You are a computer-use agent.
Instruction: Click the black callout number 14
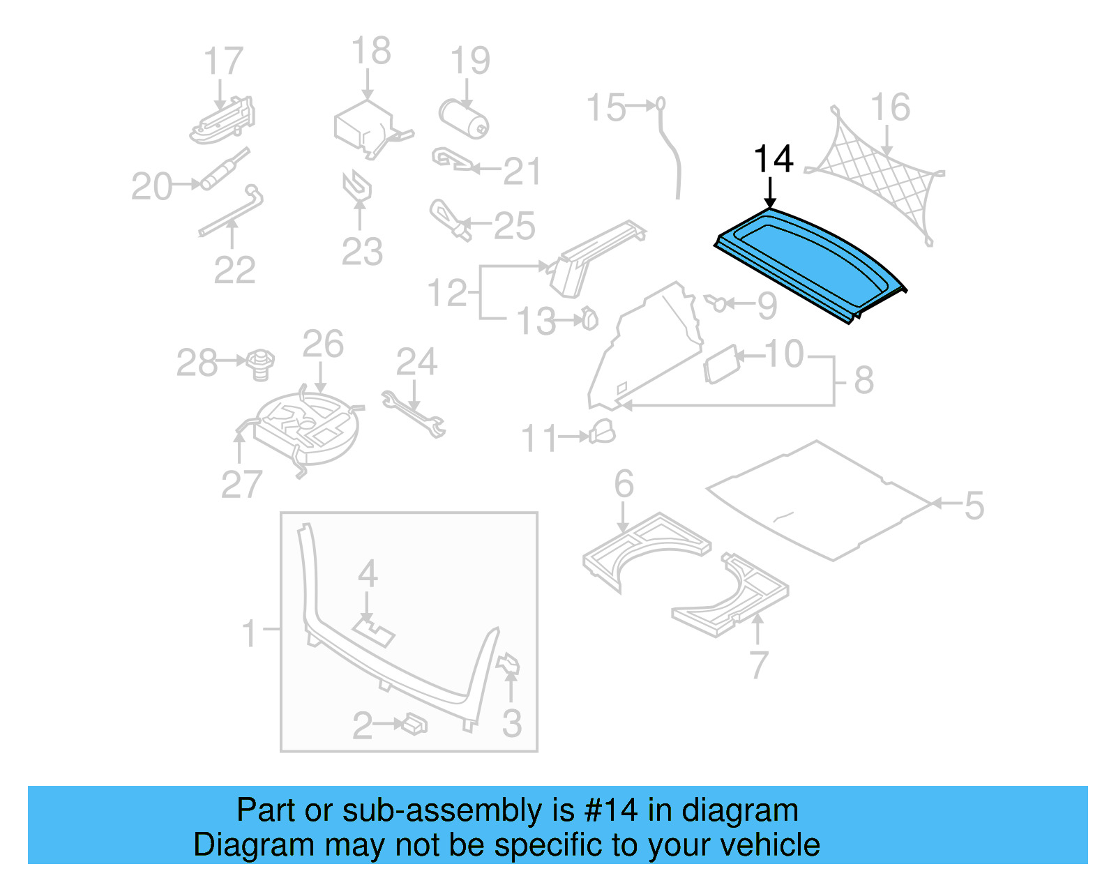point(774,160)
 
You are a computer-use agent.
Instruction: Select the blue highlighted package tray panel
point(809,264)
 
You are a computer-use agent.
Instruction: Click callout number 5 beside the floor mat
point(974,506)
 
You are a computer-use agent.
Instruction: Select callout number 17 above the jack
point(223,61)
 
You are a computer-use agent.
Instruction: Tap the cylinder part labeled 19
point(464,119)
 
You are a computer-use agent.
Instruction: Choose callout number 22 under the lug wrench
point(234,271)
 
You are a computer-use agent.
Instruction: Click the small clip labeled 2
point(414,725)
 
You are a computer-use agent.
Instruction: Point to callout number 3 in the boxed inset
point(512,724)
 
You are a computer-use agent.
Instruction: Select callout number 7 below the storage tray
point(759,665)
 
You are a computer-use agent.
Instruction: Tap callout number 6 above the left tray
point(624,483)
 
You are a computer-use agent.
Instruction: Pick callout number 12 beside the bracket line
point(447,294)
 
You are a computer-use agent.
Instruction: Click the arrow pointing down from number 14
point(770,192)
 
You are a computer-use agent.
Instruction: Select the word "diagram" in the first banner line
point(739,810)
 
